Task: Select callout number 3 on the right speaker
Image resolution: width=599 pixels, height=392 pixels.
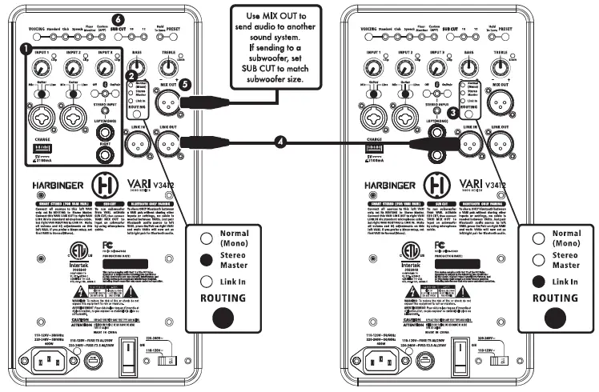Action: pos(455,113)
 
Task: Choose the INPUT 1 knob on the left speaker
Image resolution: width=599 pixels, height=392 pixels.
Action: pos(39,68)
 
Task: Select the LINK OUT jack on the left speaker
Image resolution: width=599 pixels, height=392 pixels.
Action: pos(168,145)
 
